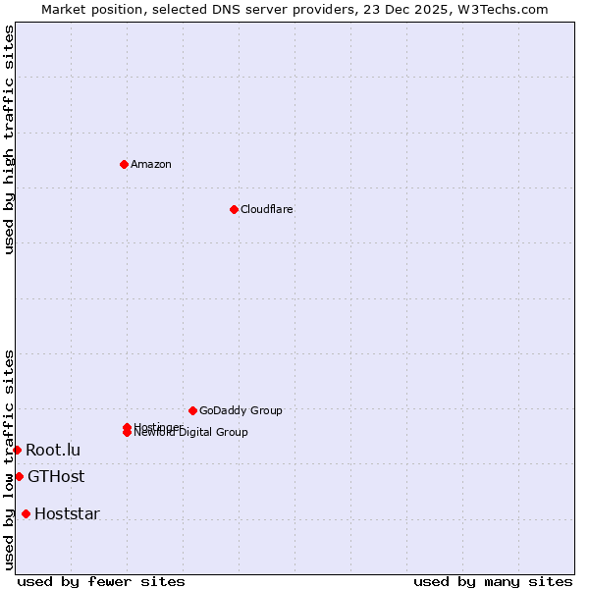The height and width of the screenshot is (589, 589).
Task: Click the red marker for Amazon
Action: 124,164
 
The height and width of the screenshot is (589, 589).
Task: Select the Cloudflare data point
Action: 234,209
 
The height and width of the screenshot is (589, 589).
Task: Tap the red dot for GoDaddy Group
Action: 192,410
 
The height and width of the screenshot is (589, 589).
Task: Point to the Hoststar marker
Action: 26,513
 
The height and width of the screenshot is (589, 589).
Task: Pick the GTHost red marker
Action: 19,477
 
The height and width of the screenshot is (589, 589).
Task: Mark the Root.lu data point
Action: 17,450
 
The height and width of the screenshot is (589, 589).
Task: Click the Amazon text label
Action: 150,164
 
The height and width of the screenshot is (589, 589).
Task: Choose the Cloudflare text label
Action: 266,209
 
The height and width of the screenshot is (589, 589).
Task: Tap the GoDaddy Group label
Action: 241,410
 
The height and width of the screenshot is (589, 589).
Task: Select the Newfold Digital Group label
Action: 192,433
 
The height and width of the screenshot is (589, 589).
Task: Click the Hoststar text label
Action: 67,513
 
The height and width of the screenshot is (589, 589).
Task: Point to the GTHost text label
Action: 56,477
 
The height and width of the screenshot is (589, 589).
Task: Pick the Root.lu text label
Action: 53,450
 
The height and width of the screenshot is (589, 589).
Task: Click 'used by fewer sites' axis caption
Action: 101,581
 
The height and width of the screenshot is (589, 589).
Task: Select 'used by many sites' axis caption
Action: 493,581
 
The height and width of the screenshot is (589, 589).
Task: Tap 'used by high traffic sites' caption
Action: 9,139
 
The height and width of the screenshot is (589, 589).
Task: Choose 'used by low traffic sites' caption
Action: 9,458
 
